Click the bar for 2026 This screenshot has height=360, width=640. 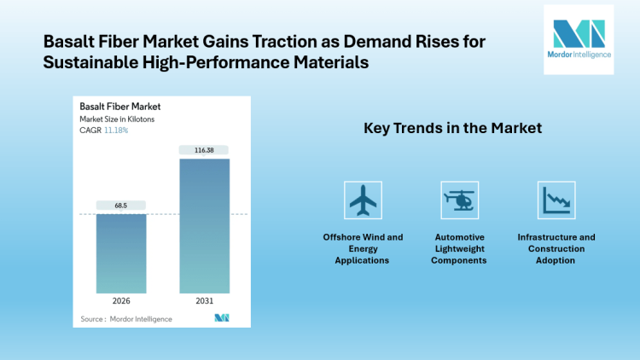[121, 255]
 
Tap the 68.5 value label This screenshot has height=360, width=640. [121, 206]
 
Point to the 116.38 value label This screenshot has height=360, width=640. [204, 150]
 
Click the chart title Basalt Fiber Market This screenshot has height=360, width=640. [120, 107]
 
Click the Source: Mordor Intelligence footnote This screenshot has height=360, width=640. [126, 319]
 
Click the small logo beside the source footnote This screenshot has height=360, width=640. [222, 318]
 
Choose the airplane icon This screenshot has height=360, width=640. [363, 201]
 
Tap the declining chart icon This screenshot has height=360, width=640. [556, 201]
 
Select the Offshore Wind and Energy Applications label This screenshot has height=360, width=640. [363, 248]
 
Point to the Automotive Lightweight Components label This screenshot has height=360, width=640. [459, 248]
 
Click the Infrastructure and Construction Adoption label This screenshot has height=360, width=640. [556, 248]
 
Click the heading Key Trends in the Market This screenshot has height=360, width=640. [453, 129]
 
